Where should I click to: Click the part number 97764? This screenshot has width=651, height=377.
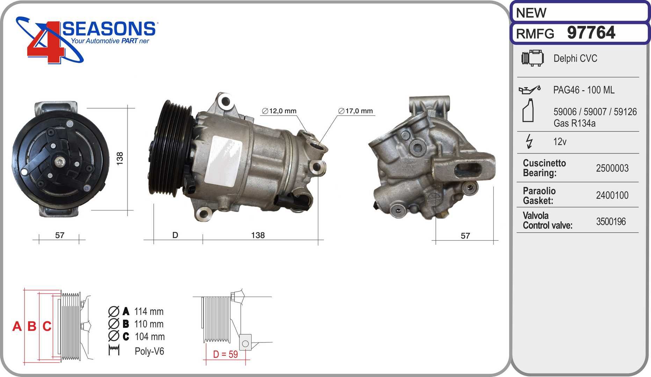point(591,32)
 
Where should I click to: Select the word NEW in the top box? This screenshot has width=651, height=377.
point(531,13)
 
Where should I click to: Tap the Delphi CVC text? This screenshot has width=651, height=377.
point(575,58)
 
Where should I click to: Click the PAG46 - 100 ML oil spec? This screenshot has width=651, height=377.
point(584,90)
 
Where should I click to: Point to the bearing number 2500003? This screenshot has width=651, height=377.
point(612,168)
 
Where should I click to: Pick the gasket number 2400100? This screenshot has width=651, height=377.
point(612,195)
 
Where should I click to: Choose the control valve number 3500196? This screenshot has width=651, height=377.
point(611,221)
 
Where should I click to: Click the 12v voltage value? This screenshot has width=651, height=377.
point(560,141)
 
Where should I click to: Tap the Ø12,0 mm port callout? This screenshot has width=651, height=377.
point(279,111)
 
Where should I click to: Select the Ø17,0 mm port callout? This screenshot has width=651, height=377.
point(355,111)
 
